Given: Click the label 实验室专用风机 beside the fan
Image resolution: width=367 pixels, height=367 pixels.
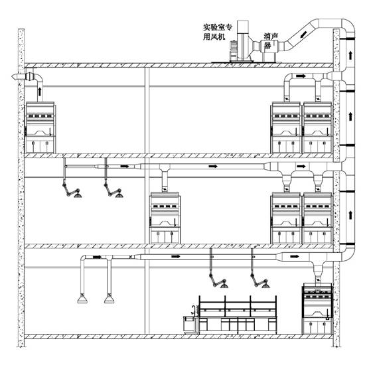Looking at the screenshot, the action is point(218,32).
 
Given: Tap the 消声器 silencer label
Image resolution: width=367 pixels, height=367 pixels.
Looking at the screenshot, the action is point(271,40).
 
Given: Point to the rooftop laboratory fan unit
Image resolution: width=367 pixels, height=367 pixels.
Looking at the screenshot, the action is point(244,41).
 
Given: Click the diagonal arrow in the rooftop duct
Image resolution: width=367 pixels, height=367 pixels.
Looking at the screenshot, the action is point(303,34).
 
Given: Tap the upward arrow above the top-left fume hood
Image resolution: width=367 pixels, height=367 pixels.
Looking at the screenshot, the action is point(40,92).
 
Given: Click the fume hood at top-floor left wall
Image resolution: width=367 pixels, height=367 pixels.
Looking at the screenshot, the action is point(40,127).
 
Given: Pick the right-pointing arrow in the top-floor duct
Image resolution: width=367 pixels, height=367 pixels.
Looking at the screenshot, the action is point(301,76).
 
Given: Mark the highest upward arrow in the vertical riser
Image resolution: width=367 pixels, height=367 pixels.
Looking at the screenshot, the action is point(350,55).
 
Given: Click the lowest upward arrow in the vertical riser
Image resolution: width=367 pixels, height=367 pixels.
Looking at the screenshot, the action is point(350,215).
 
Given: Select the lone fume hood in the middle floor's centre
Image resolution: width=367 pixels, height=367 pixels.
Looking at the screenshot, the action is point(165,218).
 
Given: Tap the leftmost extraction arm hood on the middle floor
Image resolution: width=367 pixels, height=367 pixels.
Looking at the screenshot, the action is point(78,195).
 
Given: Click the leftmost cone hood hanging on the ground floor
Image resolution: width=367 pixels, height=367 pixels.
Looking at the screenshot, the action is point(82,299).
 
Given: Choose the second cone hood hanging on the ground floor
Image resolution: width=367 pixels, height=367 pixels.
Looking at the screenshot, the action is point(109,299).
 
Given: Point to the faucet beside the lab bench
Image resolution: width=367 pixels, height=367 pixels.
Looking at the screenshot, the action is point(193,310).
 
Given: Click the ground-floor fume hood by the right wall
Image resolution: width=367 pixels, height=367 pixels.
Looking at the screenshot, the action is point(317,309).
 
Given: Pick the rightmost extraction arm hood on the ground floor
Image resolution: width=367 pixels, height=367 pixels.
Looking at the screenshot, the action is point(265,285).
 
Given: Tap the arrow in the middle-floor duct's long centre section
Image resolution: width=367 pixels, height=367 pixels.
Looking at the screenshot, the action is point(213,166).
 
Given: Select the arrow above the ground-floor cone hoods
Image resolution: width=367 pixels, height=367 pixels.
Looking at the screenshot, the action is point(97,257).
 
